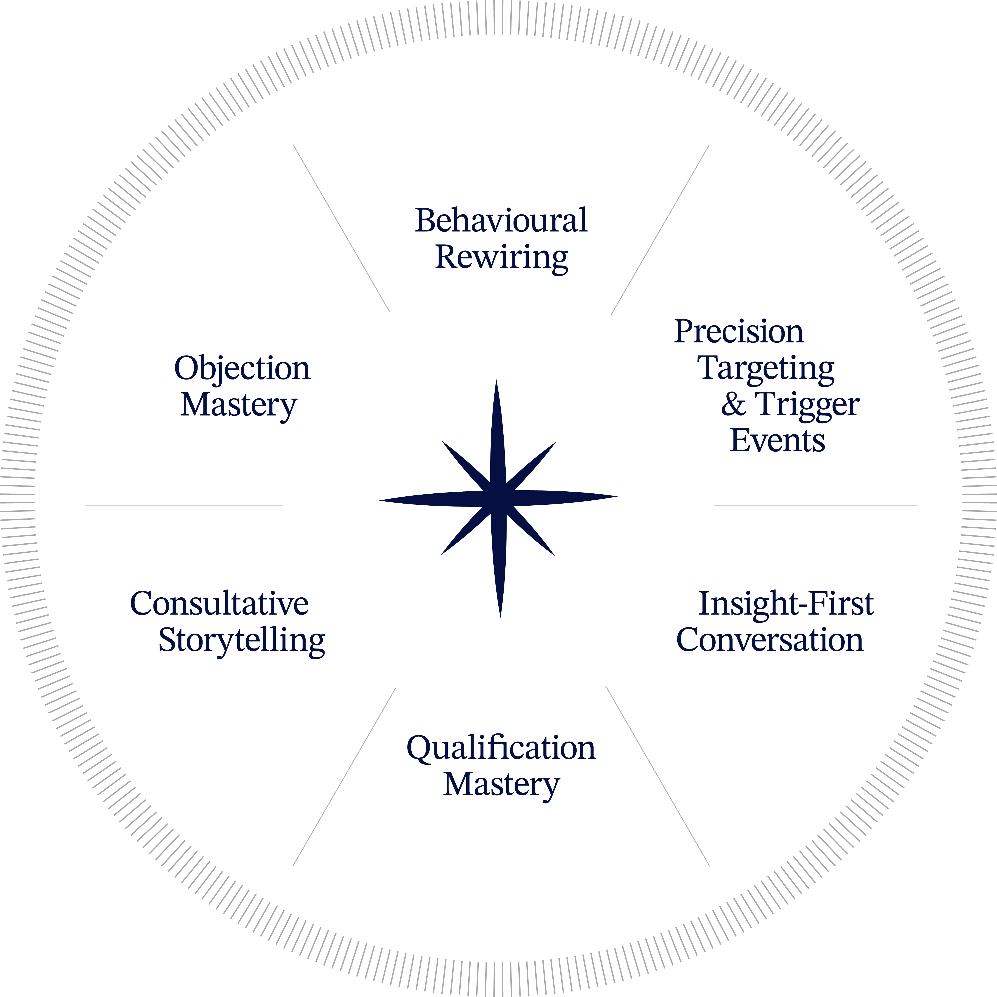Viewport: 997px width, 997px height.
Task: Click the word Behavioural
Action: pos(501,221)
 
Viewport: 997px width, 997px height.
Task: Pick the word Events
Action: pos(777,441)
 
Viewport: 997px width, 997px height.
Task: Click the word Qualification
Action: pos(501,748)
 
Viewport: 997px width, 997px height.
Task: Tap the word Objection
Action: pos(242,368)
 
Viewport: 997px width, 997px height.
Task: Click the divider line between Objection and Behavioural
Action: pos(341,228)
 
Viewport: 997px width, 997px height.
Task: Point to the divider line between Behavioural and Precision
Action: pos(660,230)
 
